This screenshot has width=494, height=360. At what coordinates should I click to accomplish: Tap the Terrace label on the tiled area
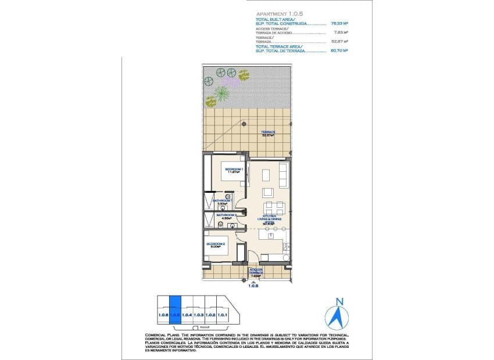267,134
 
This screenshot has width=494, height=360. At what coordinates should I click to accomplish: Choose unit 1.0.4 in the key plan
187,314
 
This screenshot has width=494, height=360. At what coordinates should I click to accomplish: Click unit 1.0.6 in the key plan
163,314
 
